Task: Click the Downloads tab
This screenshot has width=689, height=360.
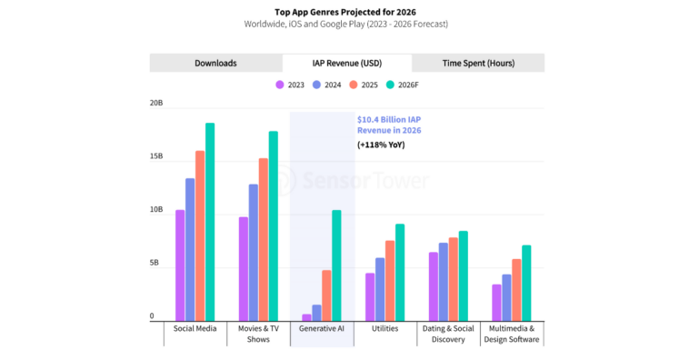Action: pos(215,63)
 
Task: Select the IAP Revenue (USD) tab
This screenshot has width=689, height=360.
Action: pos(346,63)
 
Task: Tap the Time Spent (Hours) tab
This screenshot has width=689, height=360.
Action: pos(477,63)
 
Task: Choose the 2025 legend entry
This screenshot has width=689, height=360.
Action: pos(364,85)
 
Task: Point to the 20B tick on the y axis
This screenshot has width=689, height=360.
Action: pos(156,104)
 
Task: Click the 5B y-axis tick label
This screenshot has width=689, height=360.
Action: pos(156,264)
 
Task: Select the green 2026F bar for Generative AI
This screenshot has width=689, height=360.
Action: pos(336,265)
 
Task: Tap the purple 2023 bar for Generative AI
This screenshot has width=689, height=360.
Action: pos(306,317)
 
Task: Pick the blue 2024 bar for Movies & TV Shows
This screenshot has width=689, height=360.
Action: pos(254,252)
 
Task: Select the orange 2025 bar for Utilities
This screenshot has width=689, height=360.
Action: pos(390,280)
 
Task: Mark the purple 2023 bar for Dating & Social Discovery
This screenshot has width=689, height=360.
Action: pos(434,285)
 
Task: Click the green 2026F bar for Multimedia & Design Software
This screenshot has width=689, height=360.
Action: pos(526,282)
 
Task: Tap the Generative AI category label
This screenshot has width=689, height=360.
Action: pos(322,328)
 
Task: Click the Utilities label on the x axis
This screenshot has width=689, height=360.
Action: pos(384,328)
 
